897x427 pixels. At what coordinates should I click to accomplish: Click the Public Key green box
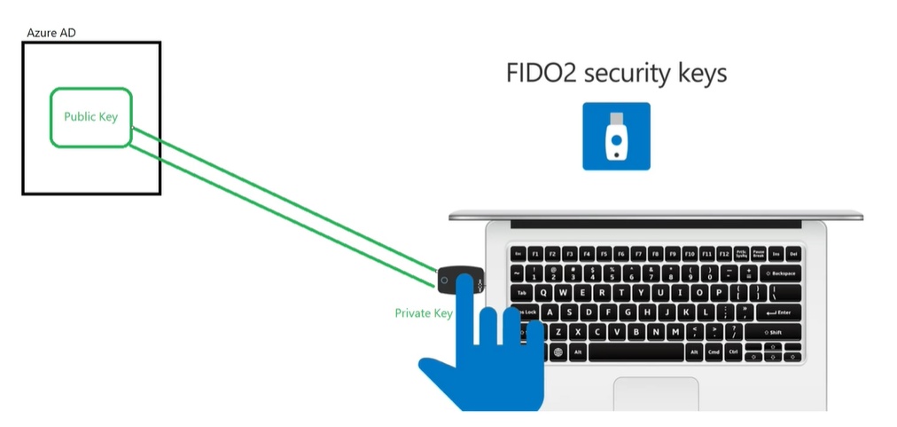click(91, 117)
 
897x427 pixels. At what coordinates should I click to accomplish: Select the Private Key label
click(424, 313)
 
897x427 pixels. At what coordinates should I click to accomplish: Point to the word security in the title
click(628, 73)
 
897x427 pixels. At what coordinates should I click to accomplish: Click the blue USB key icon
click(616, 136)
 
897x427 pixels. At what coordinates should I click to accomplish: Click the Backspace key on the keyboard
click(782, 273)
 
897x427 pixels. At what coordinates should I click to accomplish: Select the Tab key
click(523, 293)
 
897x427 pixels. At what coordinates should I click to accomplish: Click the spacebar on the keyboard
click(636, 352)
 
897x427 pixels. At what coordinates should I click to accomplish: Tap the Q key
click(542, 293)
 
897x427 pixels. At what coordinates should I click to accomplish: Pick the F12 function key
click(723, 254)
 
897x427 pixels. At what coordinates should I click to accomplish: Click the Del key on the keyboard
click(793, 254)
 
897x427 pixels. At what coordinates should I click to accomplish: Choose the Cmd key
click(714, 352)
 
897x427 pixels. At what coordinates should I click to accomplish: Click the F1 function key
click(534, 254)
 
